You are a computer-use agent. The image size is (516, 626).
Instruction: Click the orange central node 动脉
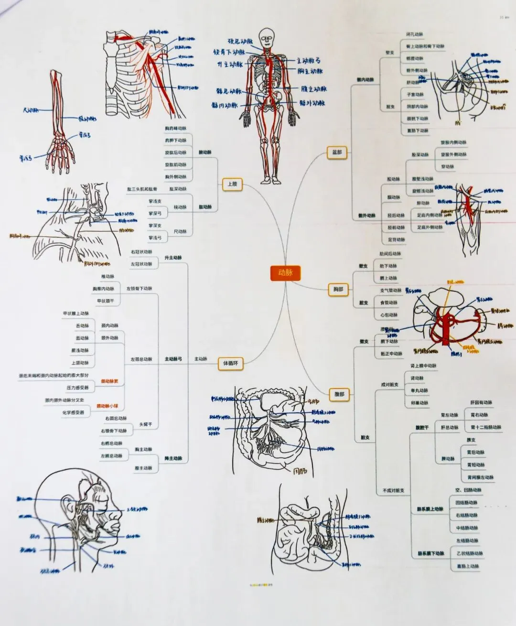[285, 273]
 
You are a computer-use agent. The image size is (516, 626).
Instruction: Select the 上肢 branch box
[232, 184]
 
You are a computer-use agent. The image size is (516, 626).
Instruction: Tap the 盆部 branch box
[337, 152]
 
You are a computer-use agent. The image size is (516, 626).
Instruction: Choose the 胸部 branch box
[338, 289]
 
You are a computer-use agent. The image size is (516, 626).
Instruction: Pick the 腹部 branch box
[339, 394]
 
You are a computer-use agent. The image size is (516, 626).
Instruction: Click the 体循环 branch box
[230, 364]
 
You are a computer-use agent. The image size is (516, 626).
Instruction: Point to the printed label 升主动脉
[173, 258]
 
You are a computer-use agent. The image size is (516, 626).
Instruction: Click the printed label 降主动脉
[173, 458]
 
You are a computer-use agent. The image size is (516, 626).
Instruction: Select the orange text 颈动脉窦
[109, 381]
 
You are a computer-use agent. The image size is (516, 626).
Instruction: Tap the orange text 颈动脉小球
[107, 406]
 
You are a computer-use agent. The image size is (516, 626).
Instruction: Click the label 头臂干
[145, 424]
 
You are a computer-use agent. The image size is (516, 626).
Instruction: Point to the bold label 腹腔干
[422, 428]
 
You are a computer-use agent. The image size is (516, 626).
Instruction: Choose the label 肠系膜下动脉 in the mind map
[431, 553]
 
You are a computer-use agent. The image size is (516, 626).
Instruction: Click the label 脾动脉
[448, 459]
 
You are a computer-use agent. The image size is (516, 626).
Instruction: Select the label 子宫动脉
[415, 95]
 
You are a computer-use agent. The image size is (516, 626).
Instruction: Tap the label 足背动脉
[396, 240]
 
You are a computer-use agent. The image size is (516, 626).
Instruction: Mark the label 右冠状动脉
[141, 252]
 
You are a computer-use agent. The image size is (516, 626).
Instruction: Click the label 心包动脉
[388, 315]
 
